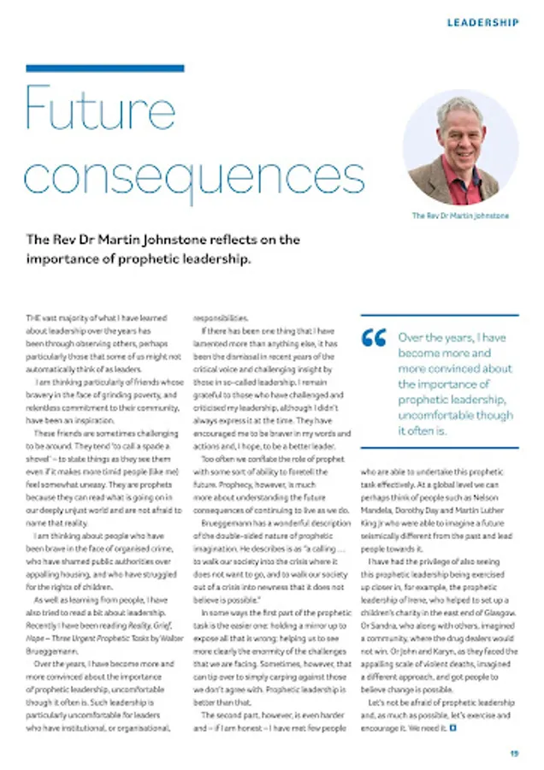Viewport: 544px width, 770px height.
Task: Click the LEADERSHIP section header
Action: tap(482, 22)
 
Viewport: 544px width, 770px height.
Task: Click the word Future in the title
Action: tap(100, 109)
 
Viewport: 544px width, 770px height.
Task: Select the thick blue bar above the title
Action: tap(105, 68)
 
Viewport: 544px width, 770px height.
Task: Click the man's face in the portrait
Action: tap(460, 133)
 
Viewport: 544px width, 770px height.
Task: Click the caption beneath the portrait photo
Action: tap(460, 216)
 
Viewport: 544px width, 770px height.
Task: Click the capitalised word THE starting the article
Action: tap(32, 318)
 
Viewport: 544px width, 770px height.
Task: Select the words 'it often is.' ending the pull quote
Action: tap(423, 430)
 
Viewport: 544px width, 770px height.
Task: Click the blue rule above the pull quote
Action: tap(440, 315)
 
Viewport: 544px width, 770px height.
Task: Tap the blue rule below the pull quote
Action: tap(440, 447)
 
